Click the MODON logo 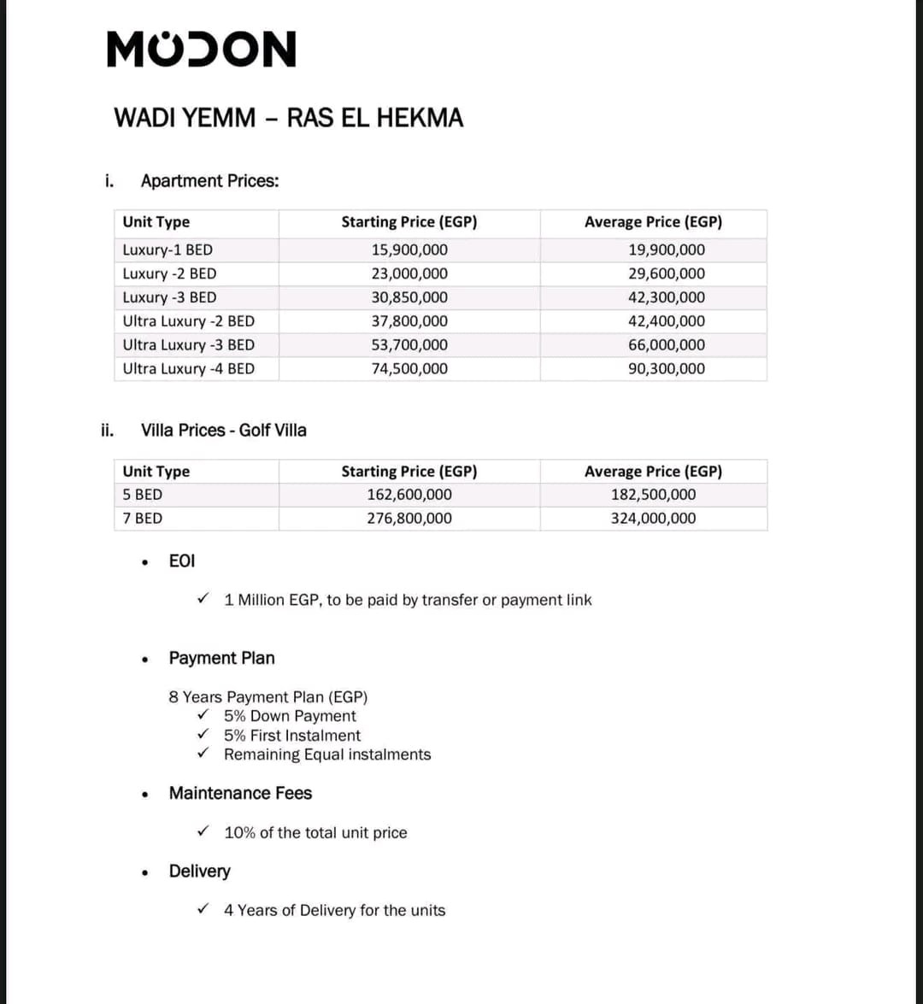202,50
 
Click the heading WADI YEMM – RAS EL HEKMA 289,118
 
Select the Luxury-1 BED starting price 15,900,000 409,250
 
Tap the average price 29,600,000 667,274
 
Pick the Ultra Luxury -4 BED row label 189,369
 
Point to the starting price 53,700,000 409,345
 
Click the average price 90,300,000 667,369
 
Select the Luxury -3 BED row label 169,298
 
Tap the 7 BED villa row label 143,519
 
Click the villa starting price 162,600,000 409,495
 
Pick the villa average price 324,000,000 653,519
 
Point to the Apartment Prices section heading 209,181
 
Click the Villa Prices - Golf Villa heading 223,431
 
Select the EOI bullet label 182,561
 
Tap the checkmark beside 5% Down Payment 203,715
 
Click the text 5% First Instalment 292,736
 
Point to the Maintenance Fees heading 240,794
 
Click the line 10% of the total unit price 315,833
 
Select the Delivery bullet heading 200,872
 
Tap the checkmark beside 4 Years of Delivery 203,909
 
